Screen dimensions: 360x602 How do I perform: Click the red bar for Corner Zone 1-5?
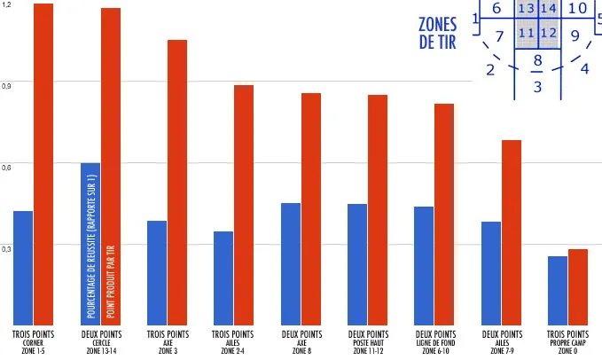(x=43, y=164)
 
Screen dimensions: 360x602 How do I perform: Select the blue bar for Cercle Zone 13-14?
(x=90, y=244)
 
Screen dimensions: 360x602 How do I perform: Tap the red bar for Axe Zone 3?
(x=177, y=182)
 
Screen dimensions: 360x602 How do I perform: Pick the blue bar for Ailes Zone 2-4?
(x=223, y=278)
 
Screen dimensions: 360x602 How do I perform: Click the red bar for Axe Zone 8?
(x=311, y=208)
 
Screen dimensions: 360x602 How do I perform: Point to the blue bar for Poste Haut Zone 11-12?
(x=357, y=264)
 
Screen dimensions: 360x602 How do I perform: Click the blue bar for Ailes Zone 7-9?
(x=491, y=272)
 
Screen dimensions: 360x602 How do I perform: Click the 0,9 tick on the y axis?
(x=7, y=86)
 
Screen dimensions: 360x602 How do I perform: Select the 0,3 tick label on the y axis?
(x=7, y=249)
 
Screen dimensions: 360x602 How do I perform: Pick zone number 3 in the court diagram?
(x=537, y=87)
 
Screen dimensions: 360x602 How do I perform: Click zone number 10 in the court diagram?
(x=577, y=9)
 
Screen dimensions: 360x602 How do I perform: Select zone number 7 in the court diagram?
(x=499, y=37)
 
